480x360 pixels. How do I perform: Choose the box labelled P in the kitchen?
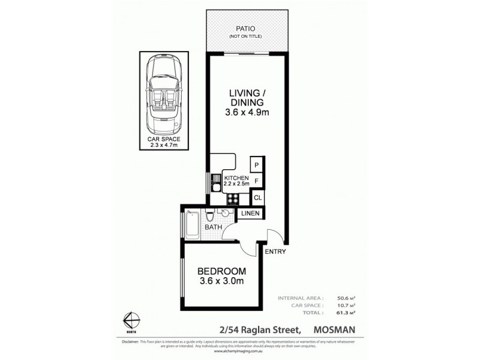[x=256, y=165]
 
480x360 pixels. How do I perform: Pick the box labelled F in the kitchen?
[x=256, y=181]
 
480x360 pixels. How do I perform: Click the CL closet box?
[x=257, y=197]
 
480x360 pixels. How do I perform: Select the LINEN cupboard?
[x=251, y=214]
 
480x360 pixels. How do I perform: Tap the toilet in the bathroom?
[x=211, y=216]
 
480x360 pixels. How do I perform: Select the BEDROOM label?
[x=222, y=272]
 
